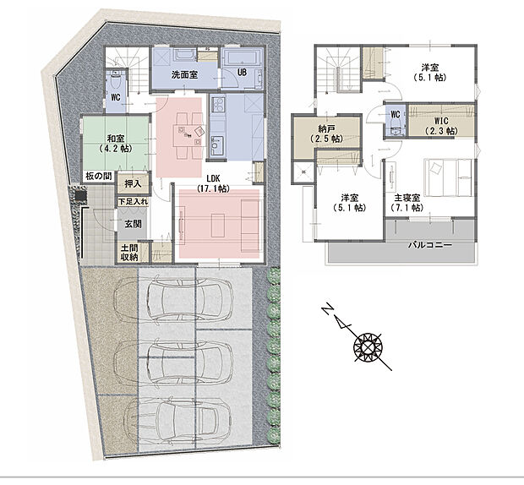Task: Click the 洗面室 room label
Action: pos(184,74)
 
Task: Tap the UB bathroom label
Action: pos(242,72)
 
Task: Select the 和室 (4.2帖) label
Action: pos(116,143)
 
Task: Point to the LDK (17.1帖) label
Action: pos(213,183)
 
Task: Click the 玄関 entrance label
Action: pos(133,224)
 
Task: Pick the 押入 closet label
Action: pos(133,183)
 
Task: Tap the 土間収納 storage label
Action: pos(129,253)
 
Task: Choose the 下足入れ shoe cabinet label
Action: pos(133,201)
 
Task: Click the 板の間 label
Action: pos(99,176)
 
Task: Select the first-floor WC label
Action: pos(116,97)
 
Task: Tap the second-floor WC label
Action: pos(396,115)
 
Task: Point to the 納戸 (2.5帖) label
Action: pos(326,134)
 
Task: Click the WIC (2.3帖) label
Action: pos(441,126)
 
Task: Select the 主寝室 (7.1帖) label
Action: pos(407,203)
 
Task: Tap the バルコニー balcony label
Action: pos(430,245)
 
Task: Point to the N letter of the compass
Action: pos(328,309)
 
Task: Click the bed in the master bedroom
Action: pos(448,177)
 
